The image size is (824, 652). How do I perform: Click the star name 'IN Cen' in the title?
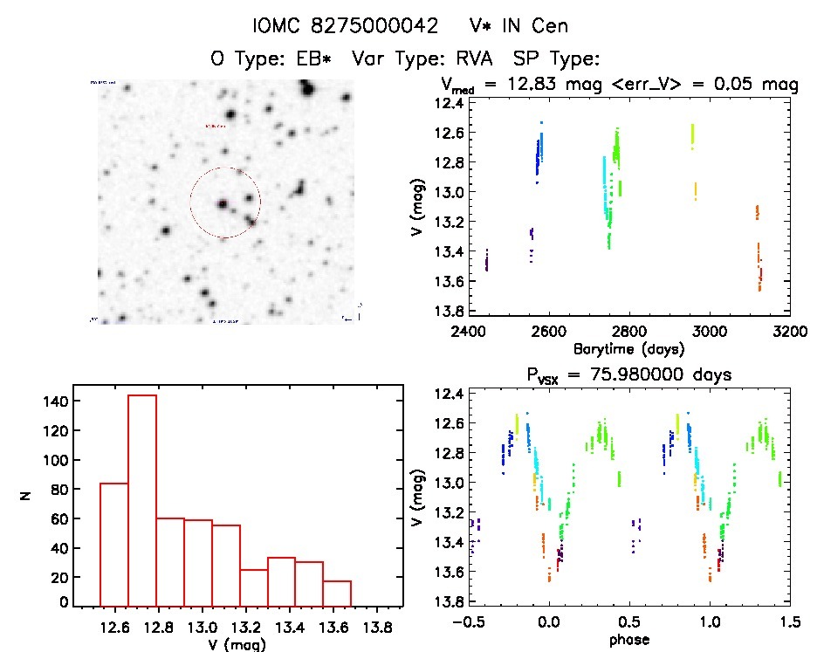[x=533, y=25]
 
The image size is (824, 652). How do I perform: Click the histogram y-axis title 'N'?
[x=26, y=496]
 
